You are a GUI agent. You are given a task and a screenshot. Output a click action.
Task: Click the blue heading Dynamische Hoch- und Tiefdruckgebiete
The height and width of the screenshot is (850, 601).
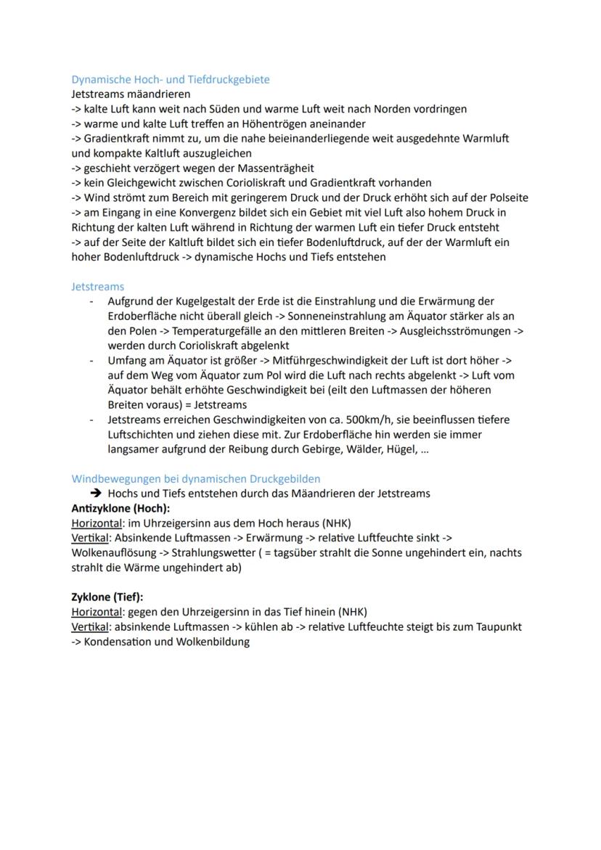[170, 79]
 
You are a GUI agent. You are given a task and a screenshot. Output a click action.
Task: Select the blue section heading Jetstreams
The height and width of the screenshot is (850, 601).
[97, 287]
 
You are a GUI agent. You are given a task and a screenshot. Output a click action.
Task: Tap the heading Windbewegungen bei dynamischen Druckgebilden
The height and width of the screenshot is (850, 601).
[195, 478]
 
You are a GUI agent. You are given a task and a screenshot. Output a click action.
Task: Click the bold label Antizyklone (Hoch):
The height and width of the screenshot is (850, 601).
[120, 508]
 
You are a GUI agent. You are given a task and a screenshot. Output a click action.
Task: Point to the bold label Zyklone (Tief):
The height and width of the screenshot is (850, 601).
[107, 597]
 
